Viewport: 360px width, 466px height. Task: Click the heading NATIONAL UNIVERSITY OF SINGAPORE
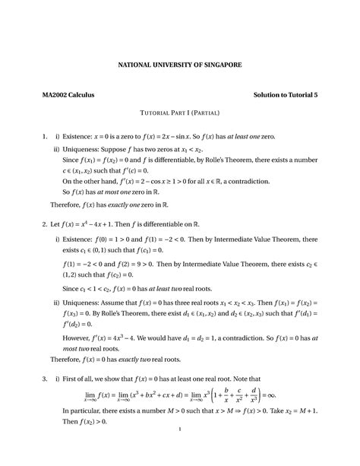pyautogui.click(x=179, y=65)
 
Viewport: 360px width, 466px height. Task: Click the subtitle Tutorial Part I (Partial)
pyautogui.click(x=179, y=113)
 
